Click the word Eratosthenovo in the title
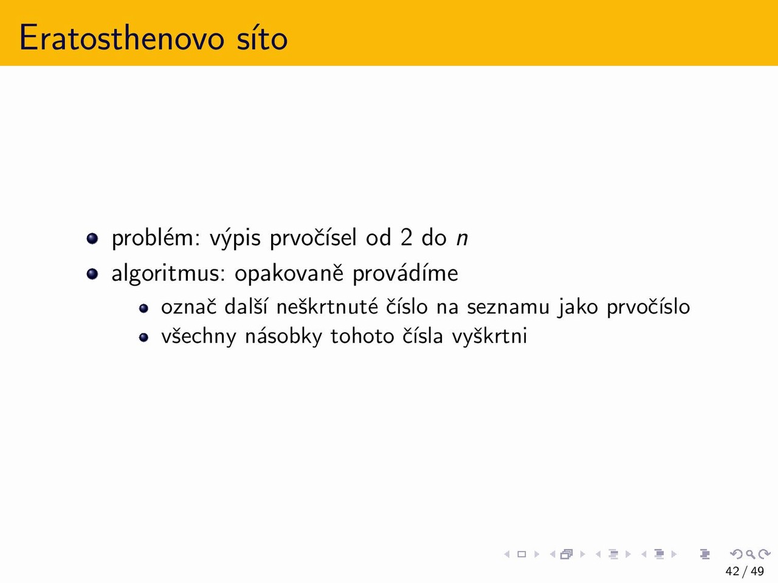coord(122,38)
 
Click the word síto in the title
coord(262,38)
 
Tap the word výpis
coord(235,238)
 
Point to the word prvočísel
coord(313,238)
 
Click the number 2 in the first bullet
coord(407,237)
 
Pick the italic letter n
coord(462,239)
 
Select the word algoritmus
coord(168,274)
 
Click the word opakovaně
coord(289,274)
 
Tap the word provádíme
coord(405,274)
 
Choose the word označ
coord(188,307)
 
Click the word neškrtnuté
coord(327,307)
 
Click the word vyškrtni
coord(489,336)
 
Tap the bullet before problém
coord(92,238)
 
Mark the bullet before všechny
coord(143,337)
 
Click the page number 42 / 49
coord(745,571)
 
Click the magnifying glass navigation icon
coord(750,554)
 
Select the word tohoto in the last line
coord(362,336)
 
